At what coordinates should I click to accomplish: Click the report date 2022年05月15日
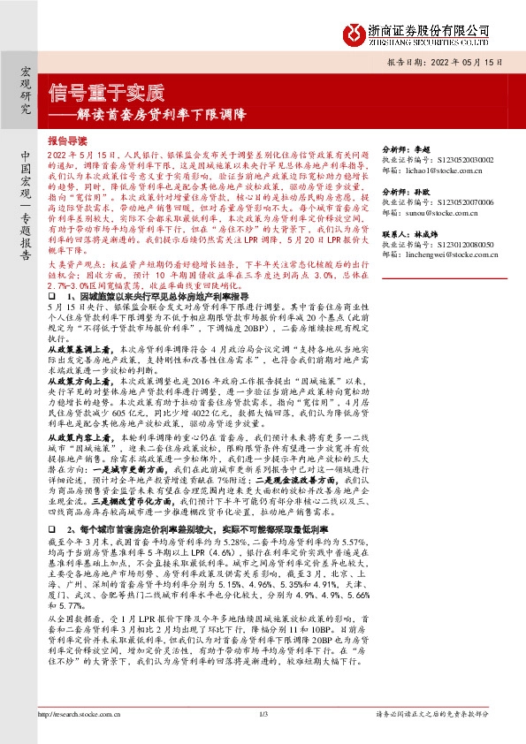tap(454, 64)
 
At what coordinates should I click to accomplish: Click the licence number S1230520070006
tap(466, 201)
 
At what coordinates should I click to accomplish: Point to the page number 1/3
tap(263, 714)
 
